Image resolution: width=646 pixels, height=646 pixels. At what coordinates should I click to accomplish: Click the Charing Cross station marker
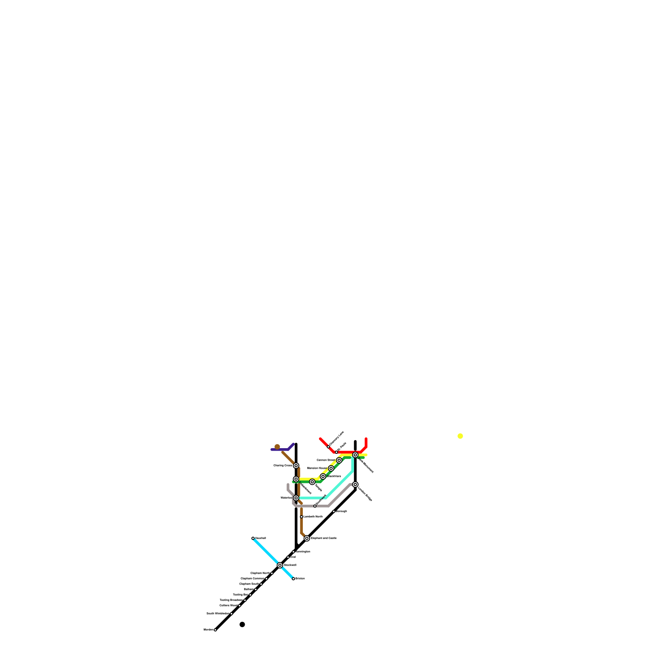tap(296, 466)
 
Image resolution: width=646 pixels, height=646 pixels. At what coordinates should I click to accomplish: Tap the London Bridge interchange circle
tap(355, 484)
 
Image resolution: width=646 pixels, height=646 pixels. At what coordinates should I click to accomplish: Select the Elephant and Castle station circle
tap(307, 538)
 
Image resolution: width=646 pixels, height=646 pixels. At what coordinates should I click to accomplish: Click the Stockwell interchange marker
tap(280, 565)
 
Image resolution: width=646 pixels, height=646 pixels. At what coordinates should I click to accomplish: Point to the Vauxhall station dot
tap(253, 538)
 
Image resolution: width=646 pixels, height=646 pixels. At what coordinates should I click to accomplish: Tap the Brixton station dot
tap(294, 579)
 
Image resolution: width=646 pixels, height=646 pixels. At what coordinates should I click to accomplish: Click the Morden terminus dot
tap(215, 629)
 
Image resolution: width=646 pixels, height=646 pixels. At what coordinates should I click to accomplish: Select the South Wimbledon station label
tap(218, 613)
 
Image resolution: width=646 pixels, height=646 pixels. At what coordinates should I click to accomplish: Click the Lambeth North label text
tap(313, 517)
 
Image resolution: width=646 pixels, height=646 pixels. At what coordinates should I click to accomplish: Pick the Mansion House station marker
tap(331, 468)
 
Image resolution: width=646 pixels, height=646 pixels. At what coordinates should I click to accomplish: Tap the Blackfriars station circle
tap(323, 476)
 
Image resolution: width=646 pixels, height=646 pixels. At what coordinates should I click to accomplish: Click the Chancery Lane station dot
tap(328, 447)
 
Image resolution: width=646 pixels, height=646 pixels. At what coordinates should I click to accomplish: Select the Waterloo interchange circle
tap(296, 498)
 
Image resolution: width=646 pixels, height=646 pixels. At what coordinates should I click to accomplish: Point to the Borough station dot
tap(334, 512)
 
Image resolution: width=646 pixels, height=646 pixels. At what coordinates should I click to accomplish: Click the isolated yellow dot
tap(460, 436)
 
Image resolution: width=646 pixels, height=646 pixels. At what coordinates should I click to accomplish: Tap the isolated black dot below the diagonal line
tap(242, 625)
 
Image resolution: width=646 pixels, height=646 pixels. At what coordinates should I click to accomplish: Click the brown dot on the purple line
tap(277, 447)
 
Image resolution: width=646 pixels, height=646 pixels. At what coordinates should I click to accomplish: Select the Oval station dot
tap(288, 557)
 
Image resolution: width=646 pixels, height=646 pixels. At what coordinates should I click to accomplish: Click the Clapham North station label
tap(260, 573)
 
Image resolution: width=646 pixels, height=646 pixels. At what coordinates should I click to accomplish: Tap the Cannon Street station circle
tap(339, 460)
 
